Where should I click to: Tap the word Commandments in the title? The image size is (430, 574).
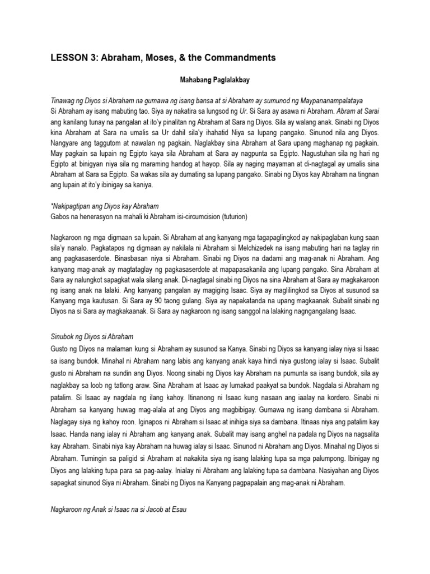point(241,58)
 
